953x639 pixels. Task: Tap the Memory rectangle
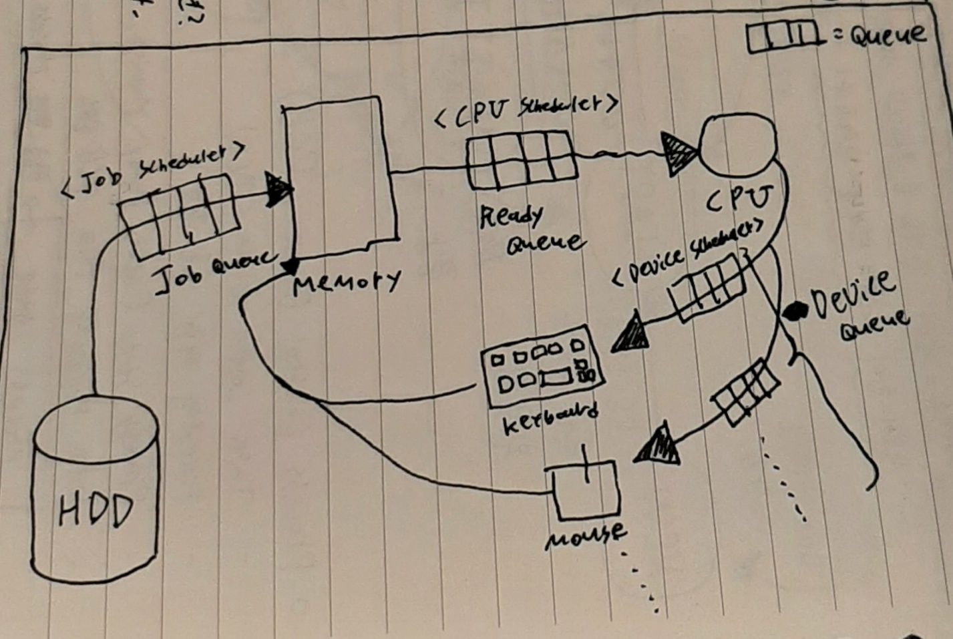point(339,177)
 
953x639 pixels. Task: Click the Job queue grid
point(179,216)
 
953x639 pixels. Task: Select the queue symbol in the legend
point(781,36)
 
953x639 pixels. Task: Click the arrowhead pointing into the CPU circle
point(678,154)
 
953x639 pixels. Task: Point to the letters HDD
point(95,511)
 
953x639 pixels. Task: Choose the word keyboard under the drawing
point(549,419)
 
